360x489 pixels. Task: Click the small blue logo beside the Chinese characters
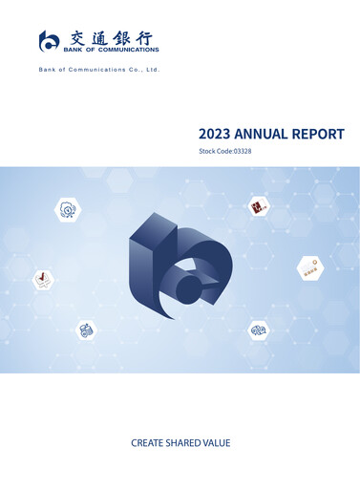pos(49,40)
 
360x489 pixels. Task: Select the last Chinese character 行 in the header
pos(148,37)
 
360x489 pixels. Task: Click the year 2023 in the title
pos(215,135)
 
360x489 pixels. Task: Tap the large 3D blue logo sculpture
pos(179,267)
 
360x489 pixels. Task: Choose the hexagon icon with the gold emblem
pos(309,266)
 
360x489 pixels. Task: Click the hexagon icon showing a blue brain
pos(259,330)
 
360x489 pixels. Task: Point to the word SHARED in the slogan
pos(186,443)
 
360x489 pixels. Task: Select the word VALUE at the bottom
pos(219,443)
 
